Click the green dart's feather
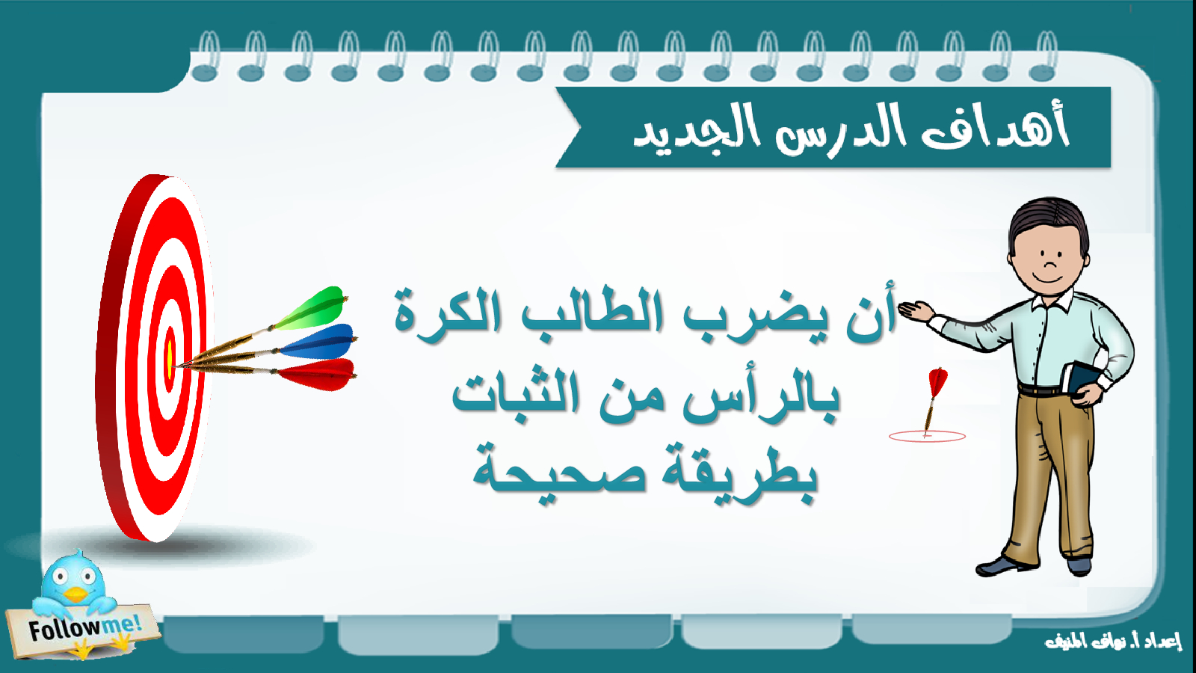pos(312,309)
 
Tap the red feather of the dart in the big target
pos(318,374)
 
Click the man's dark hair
pos(1047,224)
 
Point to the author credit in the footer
pos(1113,640)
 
